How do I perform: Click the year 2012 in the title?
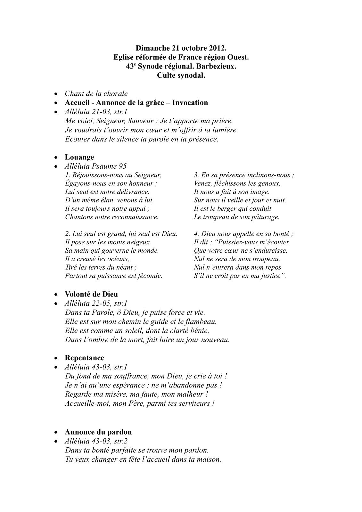point(218,48)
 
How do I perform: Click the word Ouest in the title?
point(239,57)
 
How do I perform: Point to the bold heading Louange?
point(79,157)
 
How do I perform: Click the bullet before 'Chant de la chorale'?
point(56,94)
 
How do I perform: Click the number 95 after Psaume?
point(122,166)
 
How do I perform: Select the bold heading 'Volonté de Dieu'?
point(91,294)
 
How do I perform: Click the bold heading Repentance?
point(85,358)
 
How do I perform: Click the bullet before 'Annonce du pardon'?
point(56,432)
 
